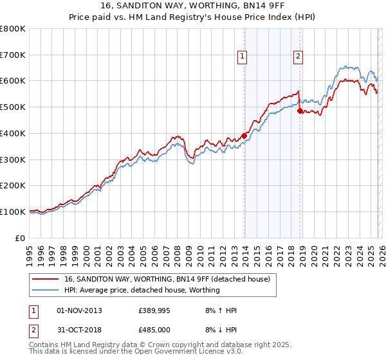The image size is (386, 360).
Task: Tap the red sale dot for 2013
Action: [x=244, y=136]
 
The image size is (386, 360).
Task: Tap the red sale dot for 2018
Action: [x=300, y=111]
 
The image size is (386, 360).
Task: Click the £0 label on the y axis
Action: [x=21, y=238]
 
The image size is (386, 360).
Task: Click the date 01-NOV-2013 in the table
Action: [x=79, y=310]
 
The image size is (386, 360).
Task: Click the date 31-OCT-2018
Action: [x=79, y=331]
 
